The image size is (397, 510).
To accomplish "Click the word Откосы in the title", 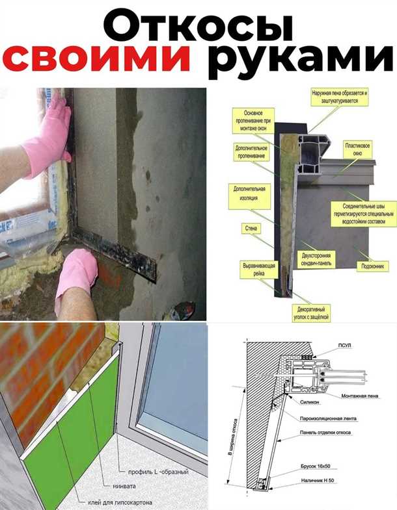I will [198, 25].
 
